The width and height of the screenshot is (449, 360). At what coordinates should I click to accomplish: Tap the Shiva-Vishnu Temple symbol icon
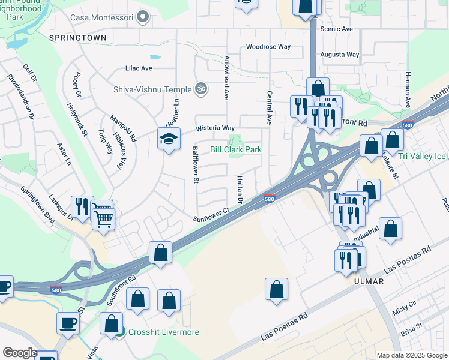point(202,89)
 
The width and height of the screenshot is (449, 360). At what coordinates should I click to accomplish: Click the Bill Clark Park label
point(235,149)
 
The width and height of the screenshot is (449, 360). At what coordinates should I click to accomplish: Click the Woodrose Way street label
point(268,47)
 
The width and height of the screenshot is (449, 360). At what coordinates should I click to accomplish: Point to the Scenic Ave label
point(336,29)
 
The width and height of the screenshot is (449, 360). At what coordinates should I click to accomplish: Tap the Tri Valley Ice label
point(423,157)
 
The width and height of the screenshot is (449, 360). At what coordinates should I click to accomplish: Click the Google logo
point(20,353)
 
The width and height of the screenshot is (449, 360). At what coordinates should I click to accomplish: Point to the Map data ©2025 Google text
point(411,355)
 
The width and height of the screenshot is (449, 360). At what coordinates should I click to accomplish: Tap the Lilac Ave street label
point(139,68)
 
